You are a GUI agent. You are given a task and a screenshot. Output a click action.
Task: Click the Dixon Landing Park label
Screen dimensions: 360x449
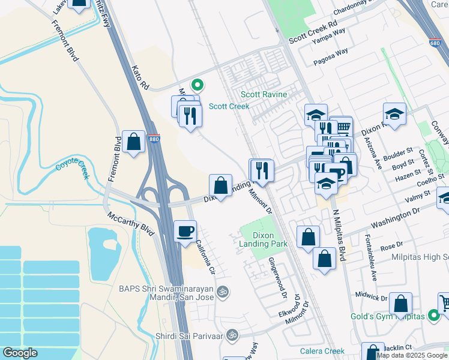(264, 239)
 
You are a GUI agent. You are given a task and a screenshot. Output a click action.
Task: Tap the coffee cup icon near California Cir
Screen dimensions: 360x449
(185, 230)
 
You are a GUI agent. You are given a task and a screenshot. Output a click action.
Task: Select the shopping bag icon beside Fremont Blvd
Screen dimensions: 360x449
(134, 142)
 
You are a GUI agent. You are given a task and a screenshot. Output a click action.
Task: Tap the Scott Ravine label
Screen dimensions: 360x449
(264, 95)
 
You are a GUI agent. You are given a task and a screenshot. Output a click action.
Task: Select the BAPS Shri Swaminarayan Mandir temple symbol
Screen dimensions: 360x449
(223, 292)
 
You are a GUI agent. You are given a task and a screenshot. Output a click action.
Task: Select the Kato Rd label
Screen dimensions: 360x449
(140, 78)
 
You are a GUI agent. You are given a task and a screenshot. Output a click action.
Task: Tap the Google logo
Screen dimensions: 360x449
(20, 353)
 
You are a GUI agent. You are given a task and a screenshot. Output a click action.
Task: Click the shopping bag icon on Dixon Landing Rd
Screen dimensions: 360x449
(221, 185)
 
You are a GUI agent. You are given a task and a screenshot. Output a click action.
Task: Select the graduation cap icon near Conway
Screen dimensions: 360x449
(394, 113)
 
